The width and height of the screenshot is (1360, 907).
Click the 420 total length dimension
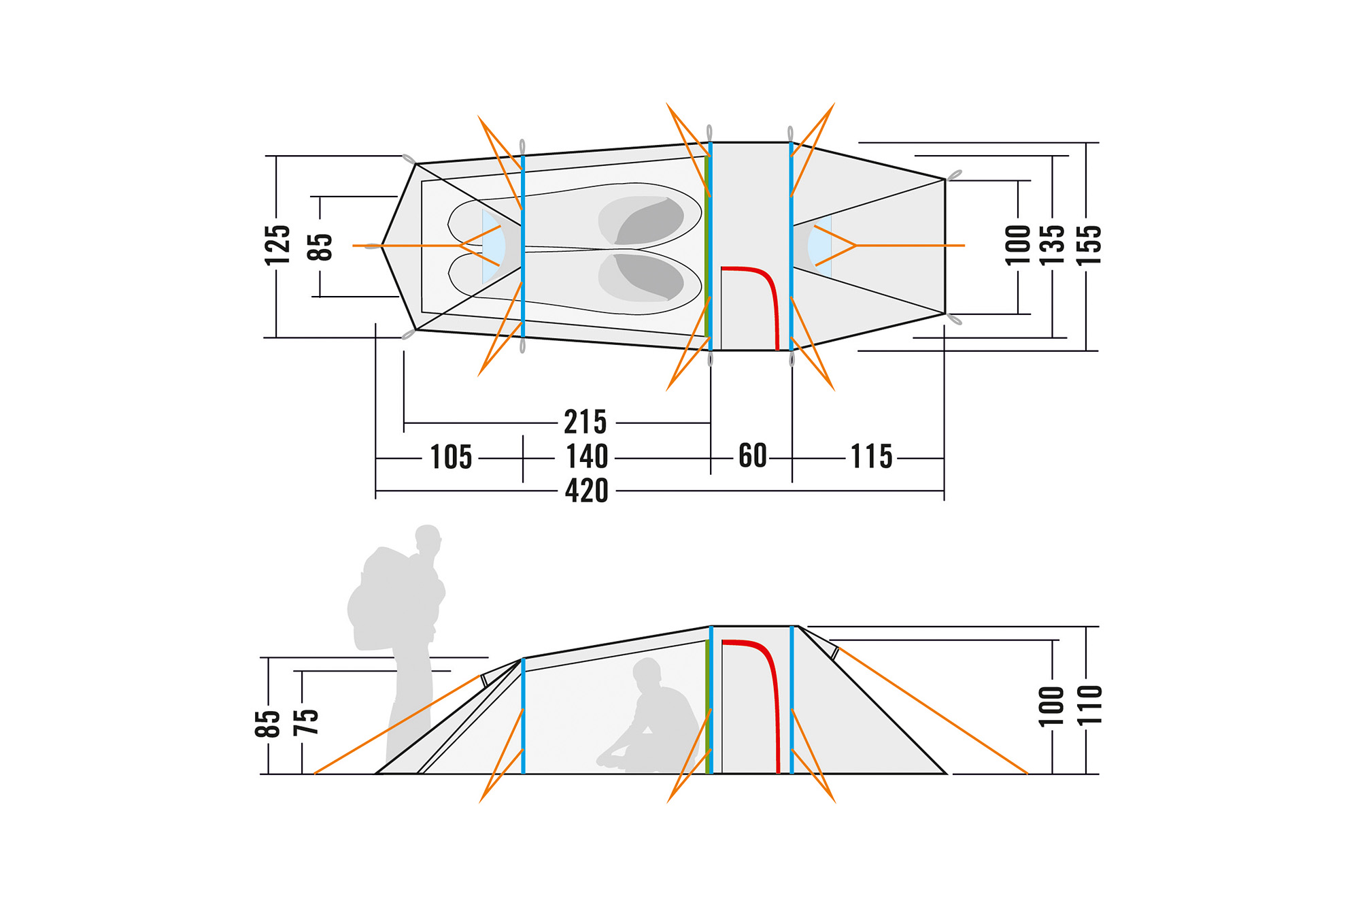coord(587,491)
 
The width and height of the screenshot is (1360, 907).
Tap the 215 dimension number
coord(585,422)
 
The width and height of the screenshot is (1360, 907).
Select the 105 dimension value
coord(451,457)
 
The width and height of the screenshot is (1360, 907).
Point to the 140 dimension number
coord(587,456)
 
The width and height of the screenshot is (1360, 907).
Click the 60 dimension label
coord(753,456)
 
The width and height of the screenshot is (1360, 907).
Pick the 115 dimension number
coord(872,457)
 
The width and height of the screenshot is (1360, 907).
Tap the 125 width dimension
coord(277,245)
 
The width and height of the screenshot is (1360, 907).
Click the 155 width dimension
coord(1088,245)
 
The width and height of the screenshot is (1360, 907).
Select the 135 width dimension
coord(1052,245)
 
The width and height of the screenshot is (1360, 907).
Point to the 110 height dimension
coord(1089,706)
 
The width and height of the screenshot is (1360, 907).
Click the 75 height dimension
coord(305,722)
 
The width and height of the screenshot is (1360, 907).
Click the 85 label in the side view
coord(268,723)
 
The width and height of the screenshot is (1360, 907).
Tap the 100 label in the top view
coord(1018,245)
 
